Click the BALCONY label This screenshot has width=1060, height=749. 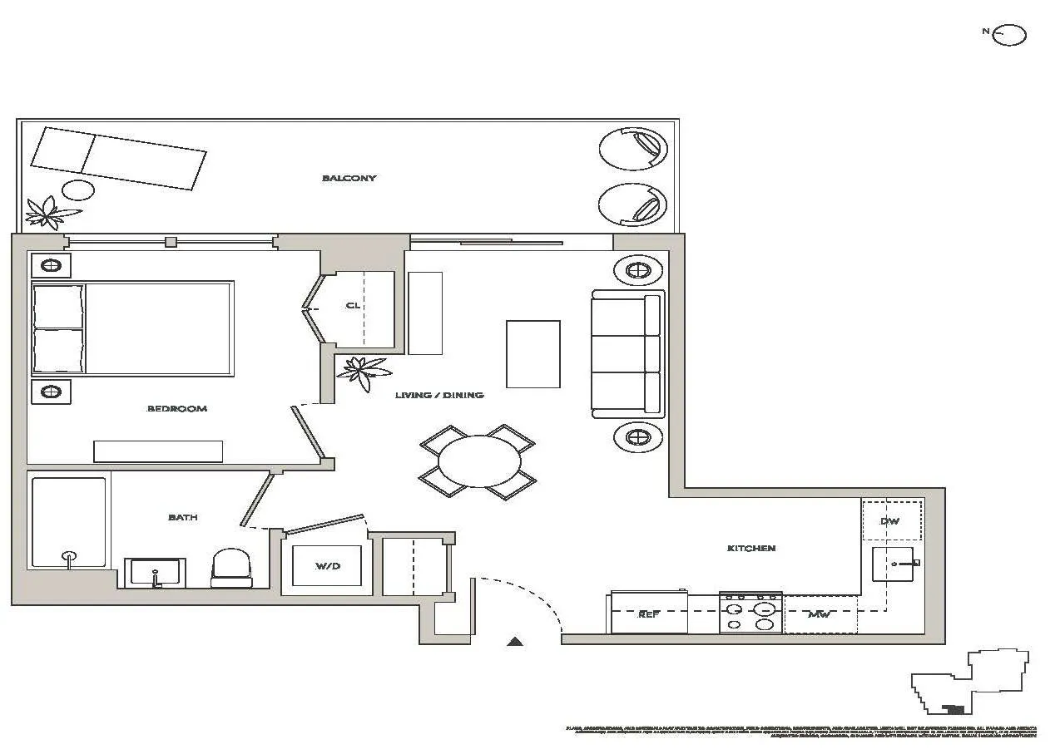point(349,178)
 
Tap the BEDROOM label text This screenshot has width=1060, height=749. point(176,408)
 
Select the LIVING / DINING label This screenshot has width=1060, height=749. point(438,395)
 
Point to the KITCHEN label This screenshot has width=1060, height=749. point(750,548)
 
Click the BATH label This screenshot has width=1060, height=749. point(182,517)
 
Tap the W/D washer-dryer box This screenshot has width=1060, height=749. point(327,566)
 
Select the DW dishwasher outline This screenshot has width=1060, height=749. point(891,521)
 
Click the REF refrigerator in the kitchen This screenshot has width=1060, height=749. point(649,613)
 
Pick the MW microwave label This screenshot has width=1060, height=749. point(820,615)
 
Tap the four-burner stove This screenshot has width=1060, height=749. point(750,613)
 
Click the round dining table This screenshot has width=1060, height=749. point(479,462)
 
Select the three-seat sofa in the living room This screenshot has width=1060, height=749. point(628,353)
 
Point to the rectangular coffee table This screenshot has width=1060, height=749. point(532,353)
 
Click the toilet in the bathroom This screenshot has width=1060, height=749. point(230,567)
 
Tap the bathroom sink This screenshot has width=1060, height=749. point(155,572)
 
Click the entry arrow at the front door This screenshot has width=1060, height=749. point(515,641)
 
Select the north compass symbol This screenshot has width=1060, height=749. point(1009,35)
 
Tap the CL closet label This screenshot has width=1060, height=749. point(353,305)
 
